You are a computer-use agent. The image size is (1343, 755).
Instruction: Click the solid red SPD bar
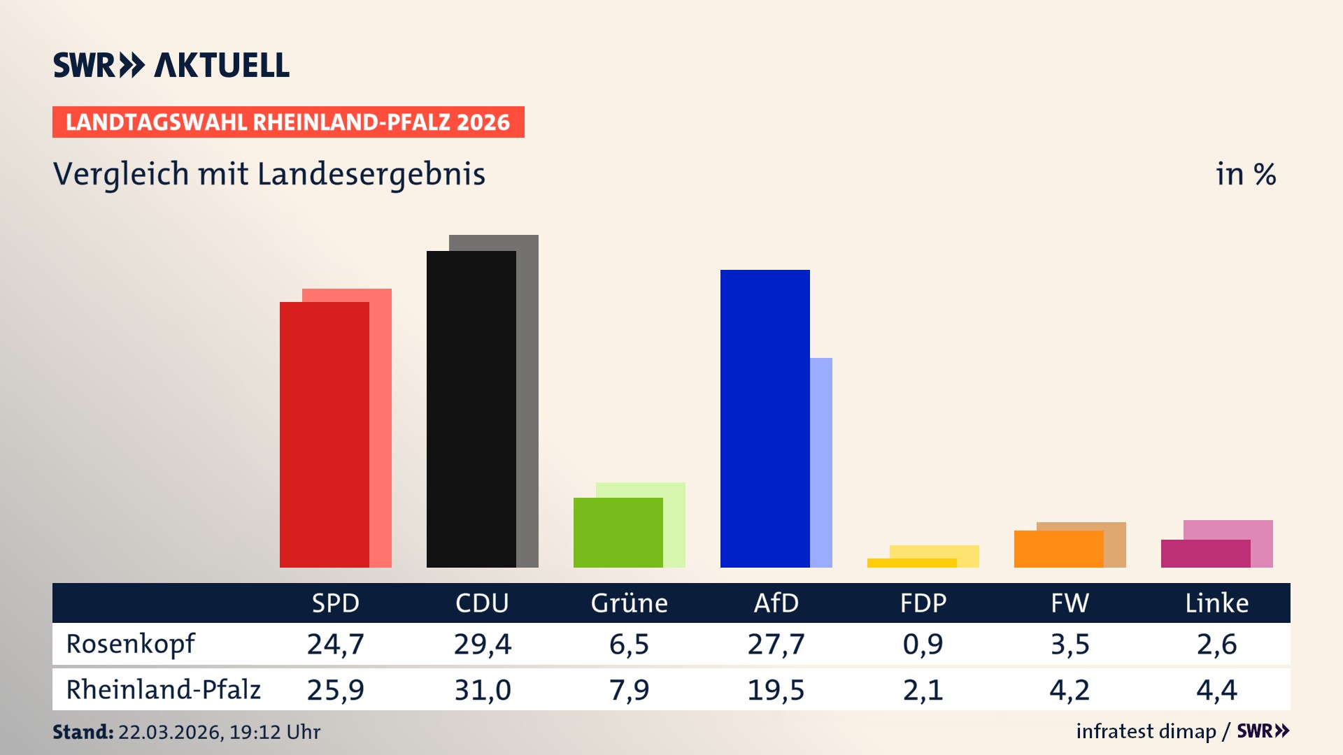coord(324,433)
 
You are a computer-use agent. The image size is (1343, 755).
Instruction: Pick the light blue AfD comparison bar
coord(821,461)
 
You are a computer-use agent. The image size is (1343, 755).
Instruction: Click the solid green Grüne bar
coord(618,532)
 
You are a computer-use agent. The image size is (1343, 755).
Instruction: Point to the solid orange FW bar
coord(1058,549)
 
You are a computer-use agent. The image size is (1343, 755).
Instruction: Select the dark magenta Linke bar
coord(1205,553)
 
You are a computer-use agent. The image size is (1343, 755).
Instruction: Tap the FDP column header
coord(923,603)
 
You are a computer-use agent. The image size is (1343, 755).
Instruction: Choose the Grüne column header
coord(629,603)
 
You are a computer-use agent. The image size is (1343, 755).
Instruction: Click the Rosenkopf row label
coord(131,644)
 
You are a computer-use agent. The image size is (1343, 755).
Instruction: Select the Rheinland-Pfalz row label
coord(163,690)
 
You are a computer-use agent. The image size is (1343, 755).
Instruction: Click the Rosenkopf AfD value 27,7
coord(776,644)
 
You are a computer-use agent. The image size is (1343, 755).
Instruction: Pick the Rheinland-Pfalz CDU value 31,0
coord(482,690)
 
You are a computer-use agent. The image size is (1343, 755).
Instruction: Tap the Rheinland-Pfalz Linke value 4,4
coord(1216,690)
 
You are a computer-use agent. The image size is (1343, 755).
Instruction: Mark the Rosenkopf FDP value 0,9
coord(923,644)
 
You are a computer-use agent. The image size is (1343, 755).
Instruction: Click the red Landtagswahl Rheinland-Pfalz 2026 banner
coord(288,122)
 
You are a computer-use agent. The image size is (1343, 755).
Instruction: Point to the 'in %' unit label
coord(1245,174)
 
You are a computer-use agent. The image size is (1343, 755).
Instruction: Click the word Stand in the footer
coord(83,732)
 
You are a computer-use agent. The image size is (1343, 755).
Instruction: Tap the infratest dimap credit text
coord(1146,731)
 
